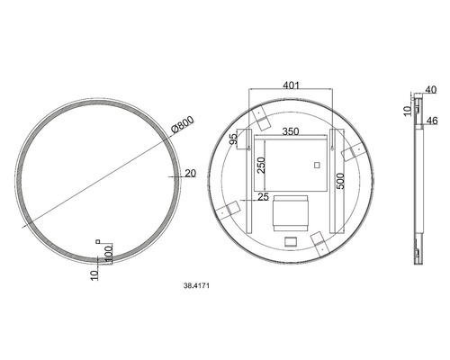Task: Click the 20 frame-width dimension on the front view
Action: coord(190,174)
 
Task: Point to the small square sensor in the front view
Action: coord(98,240)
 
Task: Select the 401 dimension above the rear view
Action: coord(290,85)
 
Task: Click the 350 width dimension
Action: coord(289,131)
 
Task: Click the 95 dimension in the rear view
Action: coord(233,140)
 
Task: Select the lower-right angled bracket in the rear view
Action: coord(319,238)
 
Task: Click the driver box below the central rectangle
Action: coord(290,211)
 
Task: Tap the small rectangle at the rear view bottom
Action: coord(290,241)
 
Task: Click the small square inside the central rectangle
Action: coord(317,164)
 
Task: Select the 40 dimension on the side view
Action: coord(430,89)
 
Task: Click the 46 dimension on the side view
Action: coord(430,119)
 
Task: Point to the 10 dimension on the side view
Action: coord(407,111)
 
